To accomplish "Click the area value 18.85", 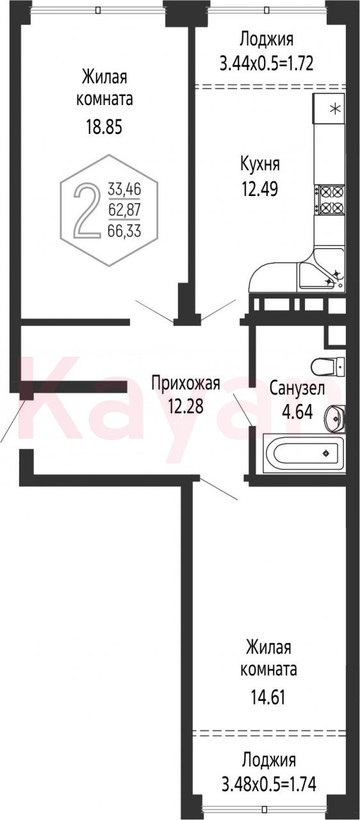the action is click(104, 127).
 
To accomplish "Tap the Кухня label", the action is click(260, 164).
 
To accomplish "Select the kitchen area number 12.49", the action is click(260, 189).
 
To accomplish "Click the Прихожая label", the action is click(186, 384).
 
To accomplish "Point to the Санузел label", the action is click(297, 388).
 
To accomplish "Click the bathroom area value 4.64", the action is click(297, 412).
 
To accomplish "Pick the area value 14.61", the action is click(268, 698).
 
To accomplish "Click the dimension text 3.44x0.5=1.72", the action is click(266, 63).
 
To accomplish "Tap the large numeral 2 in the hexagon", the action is click(86, 211).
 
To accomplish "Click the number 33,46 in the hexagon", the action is click(124, 190).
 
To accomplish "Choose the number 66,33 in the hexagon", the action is click(124, 231).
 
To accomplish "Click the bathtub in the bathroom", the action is click(304, 454).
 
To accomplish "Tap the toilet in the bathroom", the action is click(328, 366).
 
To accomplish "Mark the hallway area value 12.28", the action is click(186, 406).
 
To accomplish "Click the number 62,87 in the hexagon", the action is click(124, 211).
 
